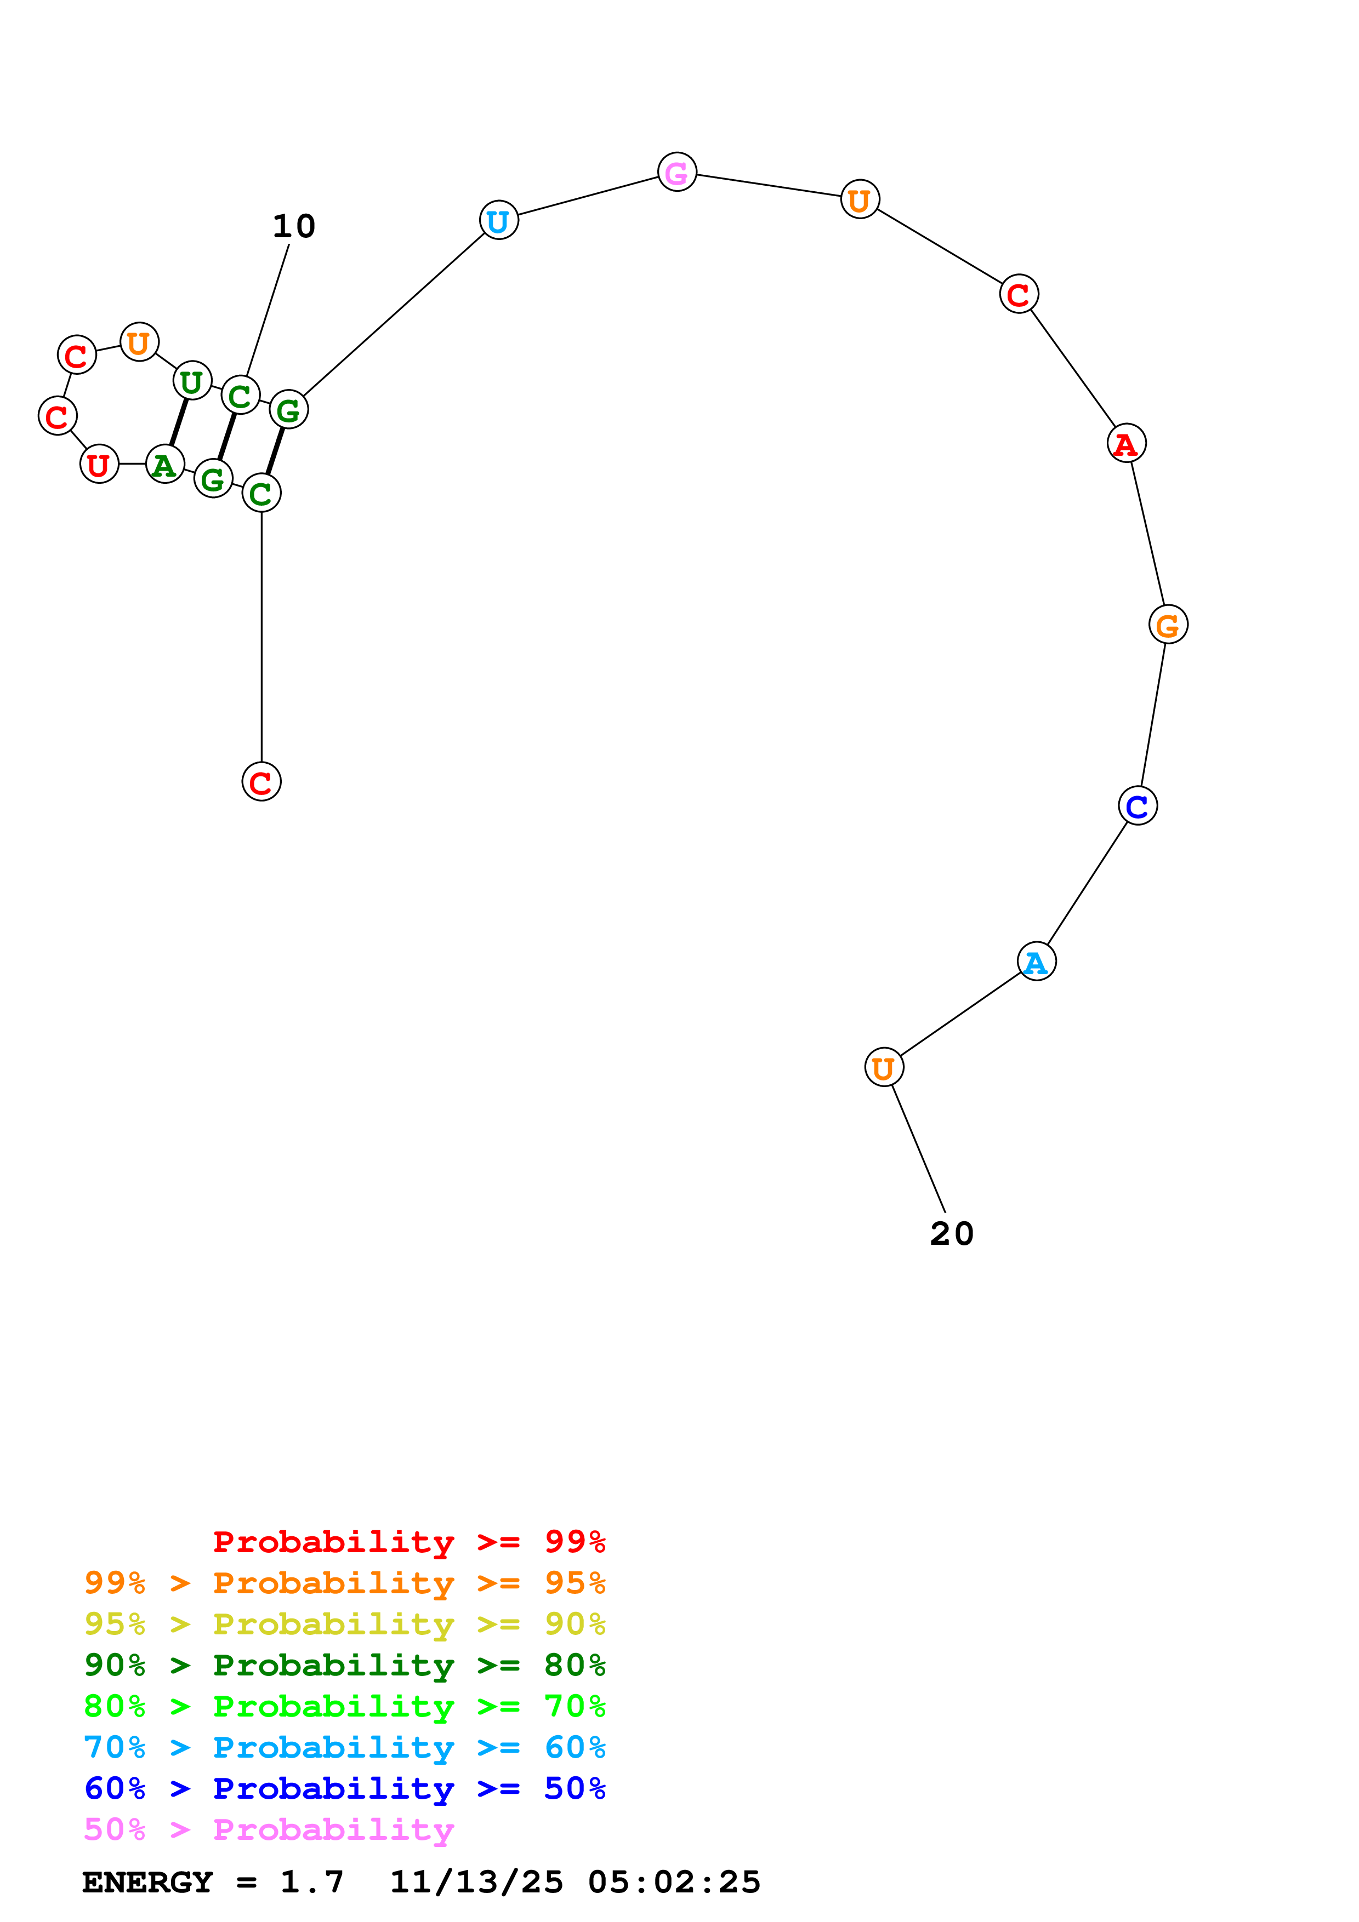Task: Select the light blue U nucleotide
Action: (498, 220)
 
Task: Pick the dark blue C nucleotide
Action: (1137, 805)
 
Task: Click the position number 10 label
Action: (294, 226)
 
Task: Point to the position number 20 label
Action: (952, 1233)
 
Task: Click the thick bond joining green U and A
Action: (178, 423)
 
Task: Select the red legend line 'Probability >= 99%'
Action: (410, 1541)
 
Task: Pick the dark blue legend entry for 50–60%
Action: (345, 1788)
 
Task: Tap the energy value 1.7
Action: (311, 1882)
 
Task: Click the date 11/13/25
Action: (476, 1882)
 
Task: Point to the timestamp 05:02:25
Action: (674, 1882)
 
